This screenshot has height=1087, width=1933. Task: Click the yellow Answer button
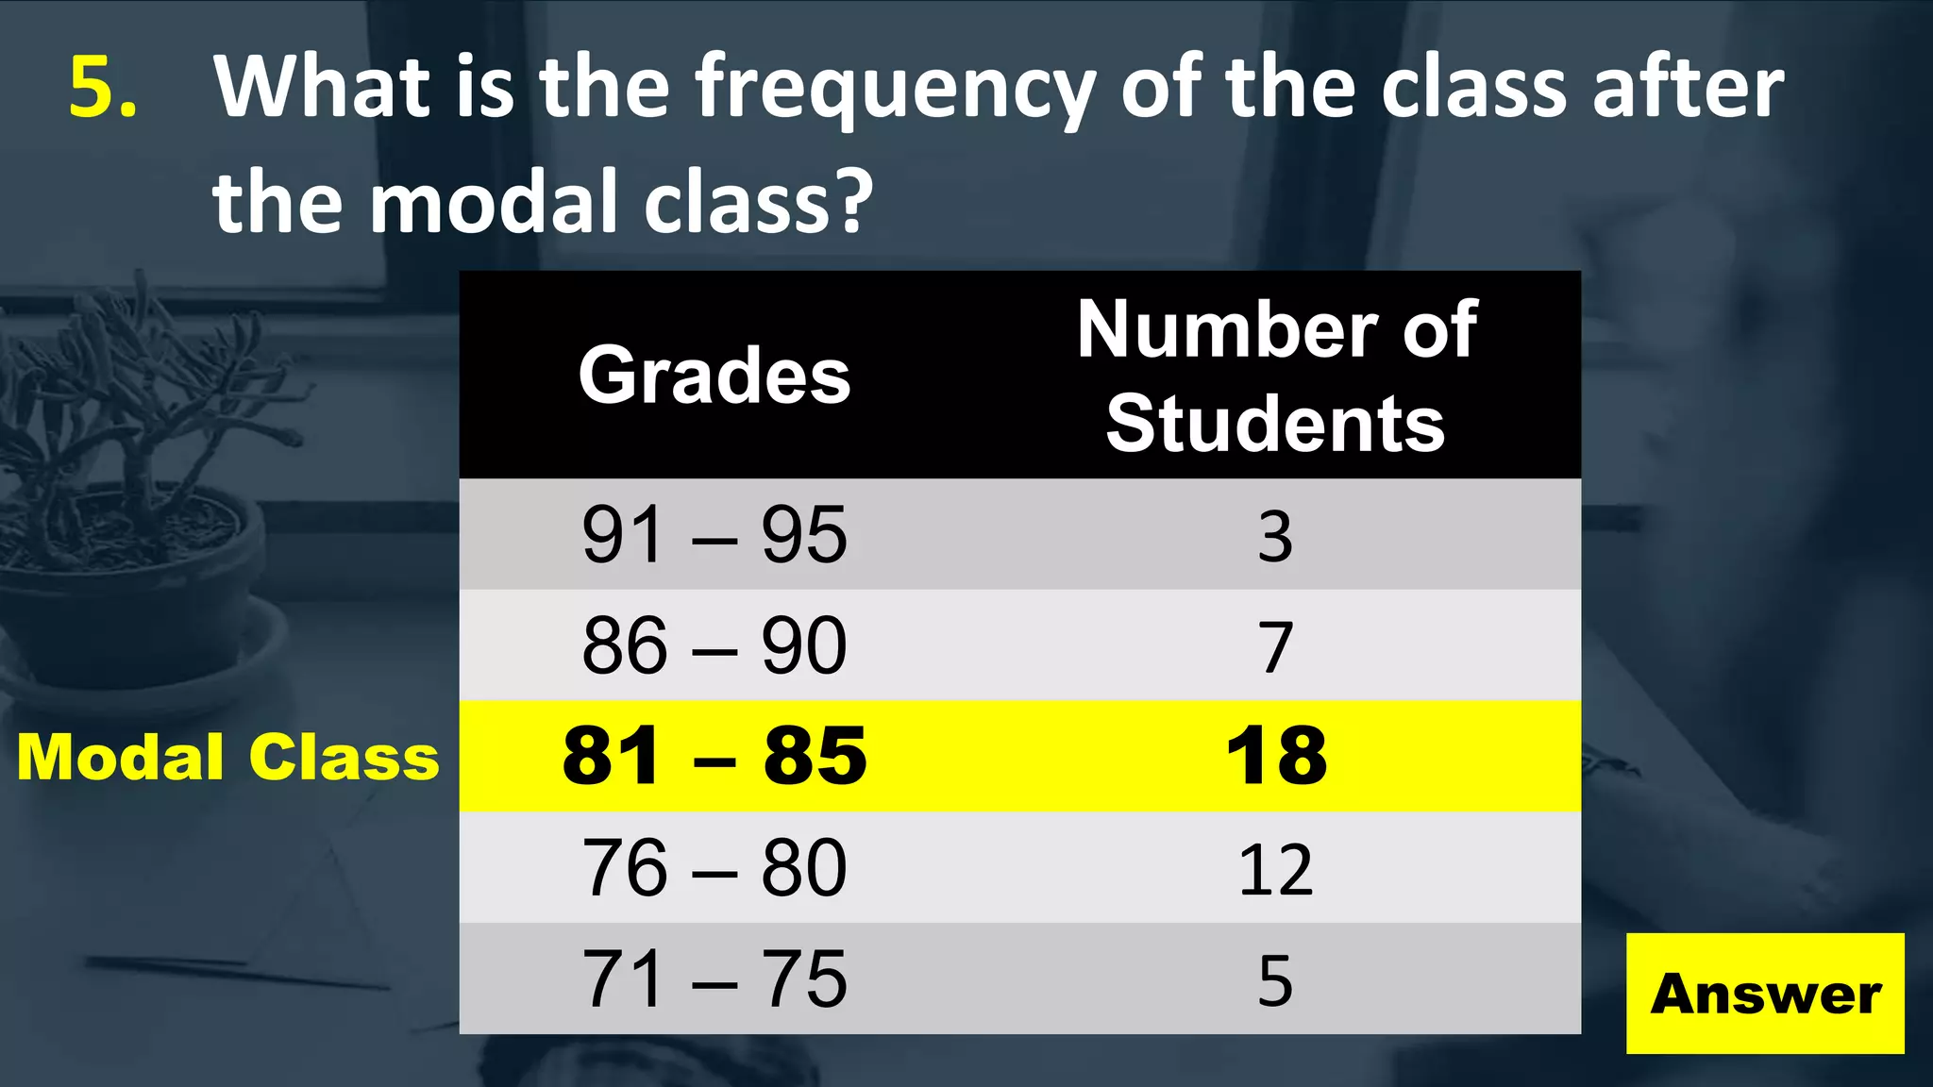pyautogui.click(x=1764, y=994)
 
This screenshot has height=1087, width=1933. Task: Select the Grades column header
pyautogui.click(x=714, y=376)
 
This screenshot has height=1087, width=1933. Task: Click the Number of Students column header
pyautogui.click(x=1276, y=376)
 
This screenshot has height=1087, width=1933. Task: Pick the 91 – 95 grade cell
pyautogui.click(x=714, y=535)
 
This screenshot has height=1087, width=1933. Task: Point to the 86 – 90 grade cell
pyautogui.click(x=714, y=646)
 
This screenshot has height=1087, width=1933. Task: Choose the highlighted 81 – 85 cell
pyautogui.click(x=714, y=756)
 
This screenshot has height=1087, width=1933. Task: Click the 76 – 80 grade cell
pyautogui.click(x=714, y=868)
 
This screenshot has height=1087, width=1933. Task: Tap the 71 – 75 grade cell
pyautogui.click(x=714, y=978)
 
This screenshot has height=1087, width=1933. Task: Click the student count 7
pyautogui.click(x=1275, y=647)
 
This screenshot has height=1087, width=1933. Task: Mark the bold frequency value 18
pyautogui.click(x=1276, y=757)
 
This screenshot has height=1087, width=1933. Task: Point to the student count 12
pyautogui.click(x=1275, y=869)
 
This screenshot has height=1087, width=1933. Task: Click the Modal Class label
pyautogui.click(x=228, y=757)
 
